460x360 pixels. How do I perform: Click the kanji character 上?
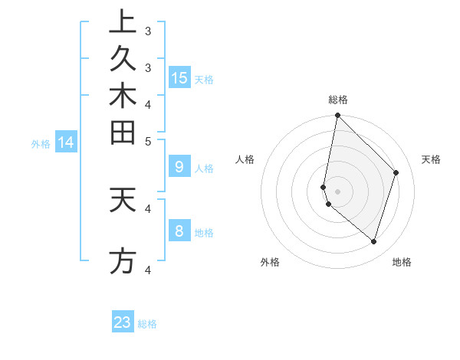pyautogui.click(x=123, y=21)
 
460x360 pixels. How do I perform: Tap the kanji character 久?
pyautogui.click(x=123, y=59)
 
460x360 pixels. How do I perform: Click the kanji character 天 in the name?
pyautogui.click(x=123, y=201)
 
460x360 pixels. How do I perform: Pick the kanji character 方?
pyautogui.click(x=123, y=260)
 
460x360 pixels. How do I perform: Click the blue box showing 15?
pyautogui.click(x=179, y=78)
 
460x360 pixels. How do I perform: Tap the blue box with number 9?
pyautogui.click(x=179, y=166)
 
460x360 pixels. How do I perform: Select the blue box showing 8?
pyautogui.click(x=179, y=231)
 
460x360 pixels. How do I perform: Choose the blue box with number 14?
pyautogui.click(x=67, y=142)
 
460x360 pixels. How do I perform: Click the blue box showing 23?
pyautogui.click(x=123, y=322)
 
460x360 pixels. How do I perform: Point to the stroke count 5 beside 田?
pyautogui.click(x=148, y=141)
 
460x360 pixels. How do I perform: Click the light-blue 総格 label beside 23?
pyautogui.click(x=147, y=324)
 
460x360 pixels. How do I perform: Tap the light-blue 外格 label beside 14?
pyautogui.click(x=41, y=143)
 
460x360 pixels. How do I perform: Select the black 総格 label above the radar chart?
pyautogui.click(x=338, y=100)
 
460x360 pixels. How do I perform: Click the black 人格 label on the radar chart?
pyautogui.click(x=245, y=159)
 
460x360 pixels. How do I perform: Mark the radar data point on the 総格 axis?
pyautogui.click(x=338, y=116)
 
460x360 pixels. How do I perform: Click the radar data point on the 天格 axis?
pyautogui.click(x=396, y=172)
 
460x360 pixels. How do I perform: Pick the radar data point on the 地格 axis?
pyautogui.click(x=373, y=241)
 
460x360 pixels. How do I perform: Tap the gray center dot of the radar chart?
pyautogui.click(x=338, y=191)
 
